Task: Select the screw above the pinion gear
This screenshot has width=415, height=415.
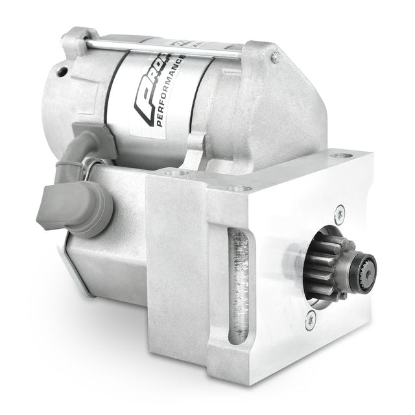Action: point(340,211)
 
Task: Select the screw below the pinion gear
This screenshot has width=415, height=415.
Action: point(311,316)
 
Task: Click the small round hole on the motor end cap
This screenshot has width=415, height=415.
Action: point(63,70)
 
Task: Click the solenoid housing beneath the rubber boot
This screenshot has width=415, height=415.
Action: point(104,259)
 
